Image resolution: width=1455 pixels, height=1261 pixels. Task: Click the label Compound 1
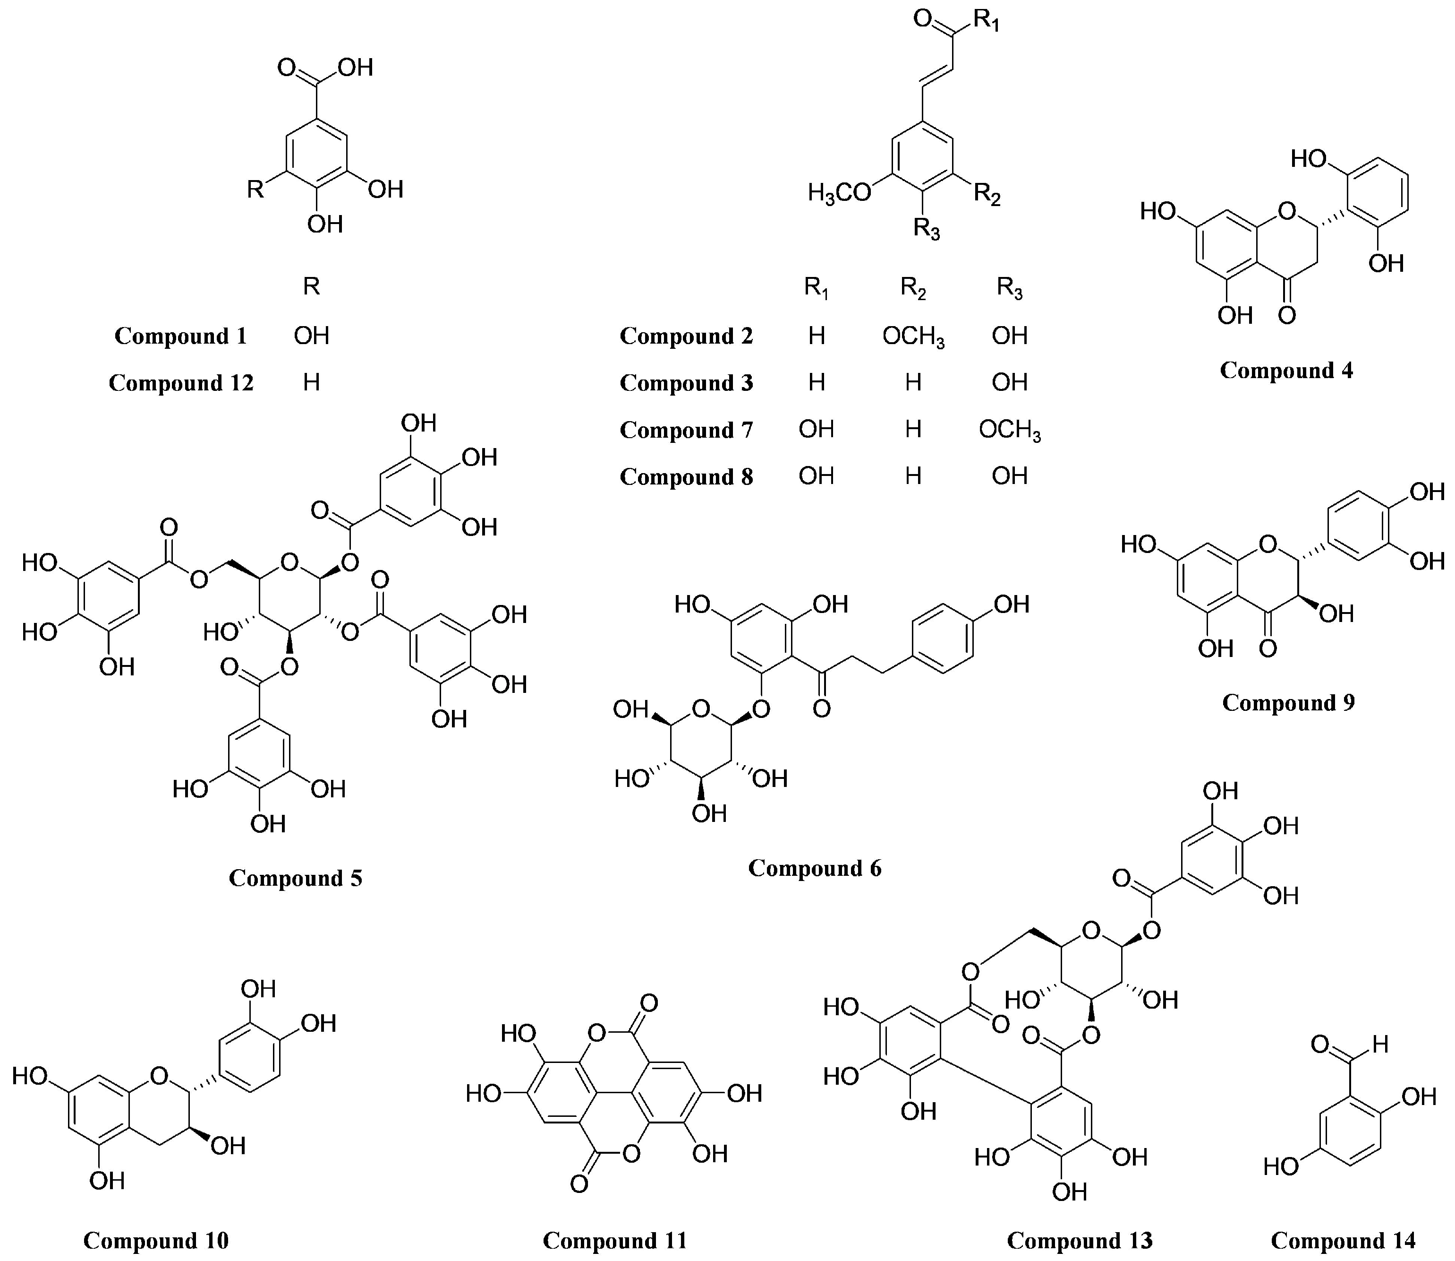[181, 337]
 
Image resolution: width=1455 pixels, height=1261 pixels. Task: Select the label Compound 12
[181, 383]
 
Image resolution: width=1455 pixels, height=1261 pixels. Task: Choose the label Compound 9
[1288, 703]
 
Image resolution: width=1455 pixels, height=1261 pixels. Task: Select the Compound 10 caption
[156, 1241]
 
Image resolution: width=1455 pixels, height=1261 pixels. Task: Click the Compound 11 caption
[614, 1241]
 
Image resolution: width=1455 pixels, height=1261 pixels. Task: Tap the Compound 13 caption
[1080, 1241]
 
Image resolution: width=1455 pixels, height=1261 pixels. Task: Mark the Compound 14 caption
[1343, 1241]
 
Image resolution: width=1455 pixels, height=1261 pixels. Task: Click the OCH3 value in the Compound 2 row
[913, 337]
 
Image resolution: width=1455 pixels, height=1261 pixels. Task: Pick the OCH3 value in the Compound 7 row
[1009, 430]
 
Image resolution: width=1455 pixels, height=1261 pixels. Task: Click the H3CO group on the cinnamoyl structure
[840, 192]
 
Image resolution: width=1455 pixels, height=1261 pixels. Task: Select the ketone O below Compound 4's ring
[1286, 314]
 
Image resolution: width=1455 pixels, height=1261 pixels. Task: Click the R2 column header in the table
[913, 288]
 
